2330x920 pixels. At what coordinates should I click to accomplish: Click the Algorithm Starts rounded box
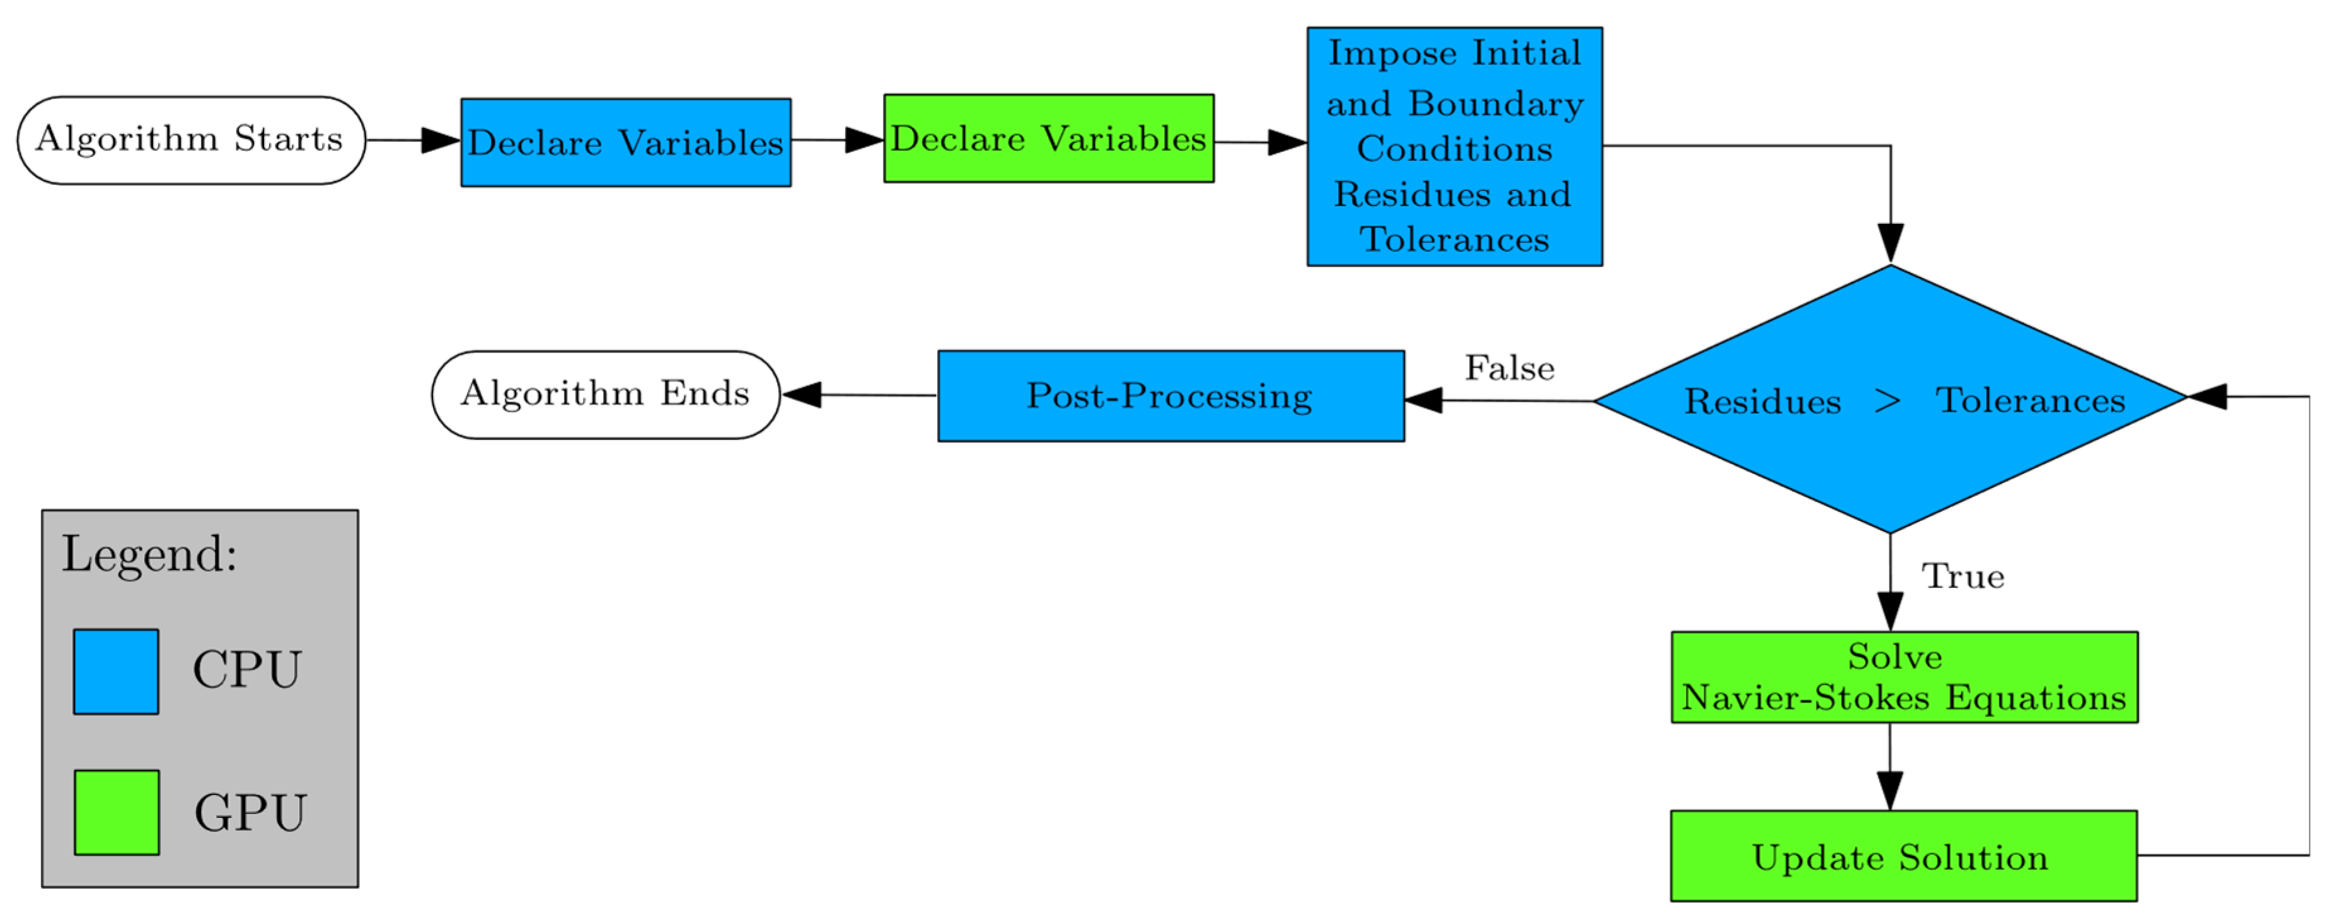pyautogui.click(x=191, y=140)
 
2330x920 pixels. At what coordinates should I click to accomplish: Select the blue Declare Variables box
pyautogui.click(x=625, y=143)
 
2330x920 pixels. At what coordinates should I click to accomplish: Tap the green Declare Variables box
pyautogui.click(x=1048, y=138)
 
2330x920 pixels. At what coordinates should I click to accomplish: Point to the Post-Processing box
pyautogui.click(x=1170, y=396)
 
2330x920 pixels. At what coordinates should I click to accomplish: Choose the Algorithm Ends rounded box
pyautogui.click(x=605, y=394)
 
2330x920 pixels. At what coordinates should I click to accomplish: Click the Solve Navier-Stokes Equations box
pyautogui.click(x=1904, y=677)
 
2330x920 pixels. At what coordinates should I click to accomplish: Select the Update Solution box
pyautogui.click(x=1903, y=855)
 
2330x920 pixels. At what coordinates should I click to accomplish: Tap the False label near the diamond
pyautogui.click(x=1509, y=368)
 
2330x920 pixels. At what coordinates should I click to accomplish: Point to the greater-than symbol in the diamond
pyautogui.click(x=1888, y=400)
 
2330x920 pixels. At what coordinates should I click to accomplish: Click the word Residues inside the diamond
pyautogui.click(x=1762, y=401)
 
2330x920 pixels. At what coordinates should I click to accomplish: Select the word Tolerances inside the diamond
pyautogui.click(x=2030, y=400)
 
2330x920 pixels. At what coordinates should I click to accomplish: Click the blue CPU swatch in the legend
pyautogui.click(x=116, y=671)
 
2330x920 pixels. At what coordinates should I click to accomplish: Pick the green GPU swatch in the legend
pyautogui.click(x=117, y=812)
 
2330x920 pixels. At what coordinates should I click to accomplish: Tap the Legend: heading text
pyautogui.click(x=149, y=554)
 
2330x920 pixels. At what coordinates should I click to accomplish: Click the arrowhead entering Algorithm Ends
pyautogui.click(x=802, y=394)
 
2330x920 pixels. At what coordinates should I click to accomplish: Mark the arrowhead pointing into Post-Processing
pyautogui.click(x=1424, y=400)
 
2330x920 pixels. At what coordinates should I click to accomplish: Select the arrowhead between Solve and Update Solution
pyautogui.click(x=1889, y=789)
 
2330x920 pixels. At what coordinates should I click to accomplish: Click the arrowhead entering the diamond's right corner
pyautogui.click(x=2208, y=396)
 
